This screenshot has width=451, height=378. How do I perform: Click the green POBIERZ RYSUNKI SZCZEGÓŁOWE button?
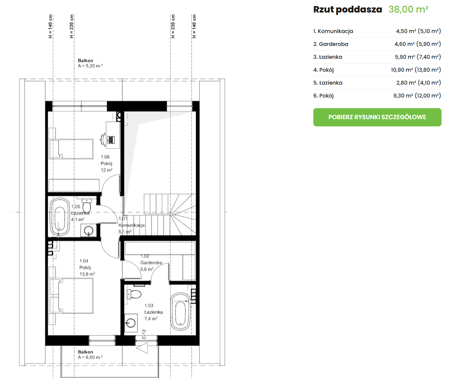(x=377, y=117)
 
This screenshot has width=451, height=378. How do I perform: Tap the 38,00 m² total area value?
(x=409, y=9)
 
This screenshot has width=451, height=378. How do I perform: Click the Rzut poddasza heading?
(x=347, y=9)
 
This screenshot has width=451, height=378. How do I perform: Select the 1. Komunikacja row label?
(x=333, y=31)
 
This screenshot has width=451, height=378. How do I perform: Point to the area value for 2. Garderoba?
(x=418, y=44)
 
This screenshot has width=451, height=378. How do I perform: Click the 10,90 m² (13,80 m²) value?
(x=416, y=70)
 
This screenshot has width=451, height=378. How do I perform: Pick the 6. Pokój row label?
(x=323, y=96)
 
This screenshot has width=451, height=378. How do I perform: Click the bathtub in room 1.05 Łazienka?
(x=60, y=216)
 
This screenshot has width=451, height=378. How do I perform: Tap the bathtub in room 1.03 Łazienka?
(x=181, y=312)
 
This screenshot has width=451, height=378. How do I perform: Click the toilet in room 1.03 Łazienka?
(x=134, y=294)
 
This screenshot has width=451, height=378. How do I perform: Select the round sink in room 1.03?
(x=131, y=323)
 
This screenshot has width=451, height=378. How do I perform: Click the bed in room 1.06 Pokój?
(x=71, y=149)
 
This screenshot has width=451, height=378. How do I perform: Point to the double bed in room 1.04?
(x=72, y=296)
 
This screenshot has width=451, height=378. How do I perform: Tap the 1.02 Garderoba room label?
(x=151, y=263)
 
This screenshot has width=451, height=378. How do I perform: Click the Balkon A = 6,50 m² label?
(x=90, y=354)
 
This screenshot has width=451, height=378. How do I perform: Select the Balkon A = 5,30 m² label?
(x=90, y=63)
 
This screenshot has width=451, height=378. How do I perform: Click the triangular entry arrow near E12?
(x=142, y=348)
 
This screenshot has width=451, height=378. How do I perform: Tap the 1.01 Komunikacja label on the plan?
(x=132, y=225)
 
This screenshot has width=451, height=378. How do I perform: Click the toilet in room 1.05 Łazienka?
(x=86, y=205)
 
